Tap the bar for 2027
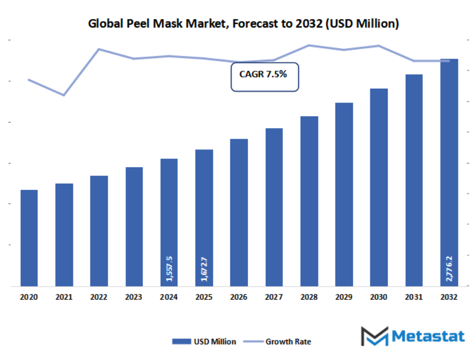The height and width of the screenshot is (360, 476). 274,207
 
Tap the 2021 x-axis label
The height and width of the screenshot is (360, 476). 64,298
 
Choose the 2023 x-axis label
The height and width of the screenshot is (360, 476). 134,298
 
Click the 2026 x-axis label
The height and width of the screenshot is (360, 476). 239,298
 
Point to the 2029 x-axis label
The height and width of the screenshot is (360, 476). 344,298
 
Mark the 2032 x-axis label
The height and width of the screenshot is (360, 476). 449,298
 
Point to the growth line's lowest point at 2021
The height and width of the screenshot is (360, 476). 64,95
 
